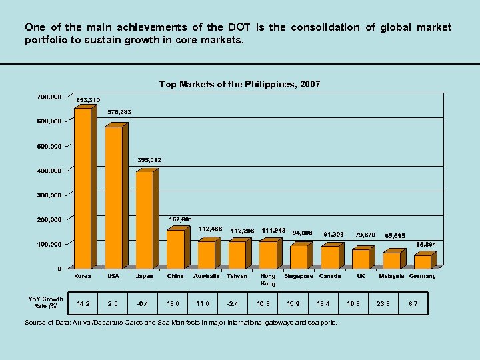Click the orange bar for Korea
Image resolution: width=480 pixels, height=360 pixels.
point(83,189)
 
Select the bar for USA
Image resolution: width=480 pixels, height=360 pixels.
point(113,198)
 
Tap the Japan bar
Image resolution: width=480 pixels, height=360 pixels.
point(144,220)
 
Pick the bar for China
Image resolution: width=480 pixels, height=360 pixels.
point(175,249)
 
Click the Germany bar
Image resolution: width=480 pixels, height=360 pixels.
point(422,262)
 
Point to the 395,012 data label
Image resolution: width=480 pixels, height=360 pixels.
point(149,161)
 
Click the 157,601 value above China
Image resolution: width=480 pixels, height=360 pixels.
point(180,219)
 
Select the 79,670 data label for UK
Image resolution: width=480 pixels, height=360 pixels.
point(365,235)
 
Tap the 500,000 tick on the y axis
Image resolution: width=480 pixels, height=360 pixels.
point(49,146)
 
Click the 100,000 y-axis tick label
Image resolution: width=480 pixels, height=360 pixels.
point(49,245)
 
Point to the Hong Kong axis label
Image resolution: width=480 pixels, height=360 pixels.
point(268,279)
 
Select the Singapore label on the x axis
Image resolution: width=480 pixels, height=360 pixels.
point(299,276)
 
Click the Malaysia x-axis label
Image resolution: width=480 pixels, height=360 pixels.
point(391,276)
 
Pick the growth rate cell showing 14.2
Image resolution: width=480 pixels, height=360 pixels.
point(83,303)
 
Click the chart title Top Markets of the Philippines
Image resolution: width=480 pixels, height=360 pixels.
point(239,84)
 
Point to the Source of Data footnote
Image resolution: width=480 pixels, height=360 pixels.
point(181,323)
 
